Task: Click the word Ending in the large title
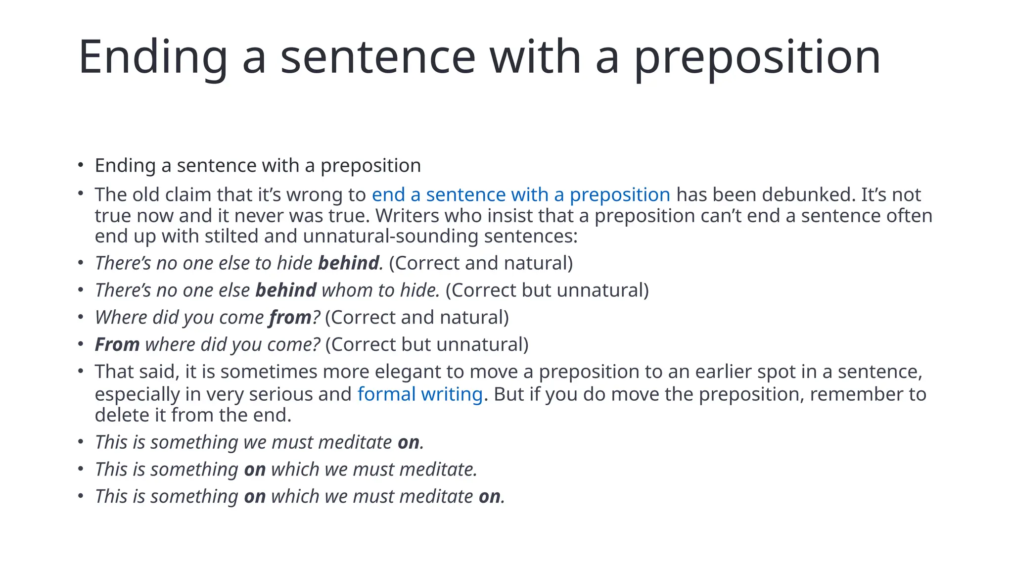coord(153,58)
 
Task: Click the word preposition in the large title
coord(757,58)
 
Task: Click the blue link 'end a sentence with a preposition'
coord(521,195)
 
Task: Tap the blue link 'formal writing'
coord(420,394)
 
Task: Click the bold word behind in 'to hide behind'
coord(348,263)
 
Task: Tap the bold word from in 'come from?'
coord(290,318)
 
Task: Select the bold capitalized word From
coord(117,345)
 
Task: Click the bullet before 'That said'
coord(81,371)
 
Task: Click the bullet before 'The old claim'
coord(81,194)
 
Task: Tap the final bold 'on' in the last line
coord(489,497)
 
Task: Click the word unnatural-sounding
coord(390,236)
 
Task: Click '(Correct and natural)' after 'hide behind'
coord(481,263)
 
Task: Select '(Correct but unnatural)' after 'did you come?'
coord(427,345)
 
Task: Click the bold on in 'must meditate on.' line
coord(409,442)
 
